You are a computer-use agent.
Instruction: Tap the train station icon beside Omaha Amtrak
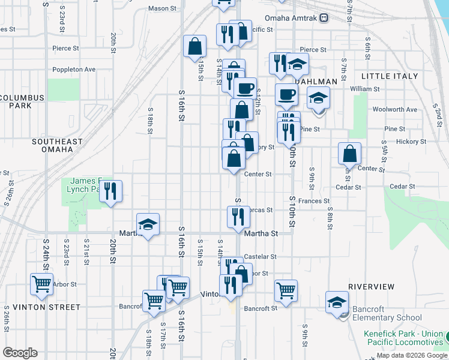[324, 17]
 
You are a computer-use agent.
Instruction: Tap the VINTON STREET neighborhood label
[38, 307]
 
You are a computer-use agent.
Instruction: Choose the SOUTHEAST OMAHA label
[58, 145]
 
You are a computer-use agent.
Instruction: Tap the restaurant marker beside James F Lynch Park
[110, 191]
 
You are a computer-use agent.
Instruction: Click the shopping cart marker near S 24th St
[42, 284]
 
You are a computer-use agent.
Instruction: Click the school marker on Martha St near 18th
[148, 224]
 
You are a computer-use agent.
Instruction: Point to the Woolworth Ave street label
[403, 109]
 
